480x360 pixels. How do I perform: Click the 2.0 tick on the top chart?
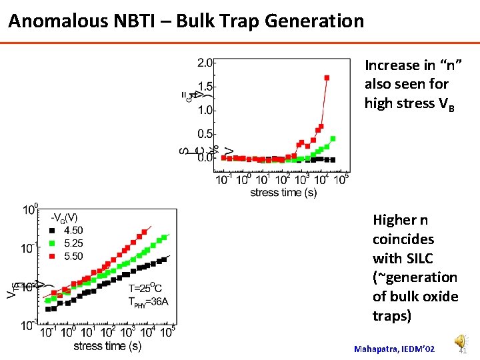pos(205,63)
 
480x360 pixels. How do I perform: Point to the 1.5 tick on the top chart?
pos(205,87)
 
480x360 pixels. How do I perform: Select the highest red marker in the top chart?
pos(327,77)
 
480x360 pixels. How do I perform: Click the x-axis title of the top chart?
pos(283,193)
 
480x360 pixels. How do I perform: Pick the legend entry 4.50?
pos(73,231)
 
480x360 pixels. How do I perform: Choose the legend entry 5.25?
pos(73,243)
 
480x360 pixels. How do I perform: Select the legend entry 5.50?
pos(73,256)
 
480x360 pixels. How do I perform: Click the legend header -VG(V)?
pos(65,218)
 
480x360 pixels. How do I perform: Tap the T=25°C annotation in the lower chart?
pos(144,288)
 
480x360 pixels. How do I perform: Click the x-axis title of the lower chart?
pos(107,346)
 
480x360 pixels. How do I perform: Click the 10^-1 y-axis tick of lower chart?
pos(30,248)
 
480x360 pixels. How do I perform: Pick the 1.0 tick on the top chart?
pos(205,110)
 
